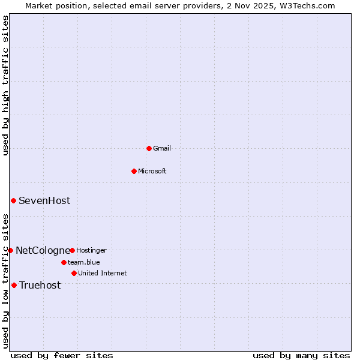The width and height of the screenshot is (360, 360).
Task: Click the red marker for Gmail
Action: point(149,148)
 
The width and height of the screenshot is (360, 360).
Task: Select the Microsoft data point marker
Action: point(134,171)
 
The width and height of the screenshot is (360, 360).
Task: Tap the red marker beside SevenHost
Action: point(13,200)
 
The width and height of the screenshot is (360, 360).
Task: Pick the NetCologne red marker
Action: point(10,250)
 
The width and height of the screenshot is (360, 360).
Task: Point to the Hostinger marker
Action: point(72,250)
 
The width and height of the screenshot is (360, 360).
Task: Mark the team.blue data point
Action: point(64,262)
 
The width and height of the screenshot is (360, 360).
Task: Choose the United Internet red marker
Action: point(74,273)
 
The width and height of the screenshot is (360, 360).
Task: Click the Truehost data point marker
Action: point(14,285)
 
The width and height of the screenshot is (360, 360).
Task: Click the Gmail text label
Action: point(162,148)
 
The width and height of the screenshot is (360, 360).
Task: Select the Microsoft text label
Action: point(152,171)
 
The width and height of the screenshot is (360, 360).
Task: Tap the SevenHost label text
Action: point(44,200)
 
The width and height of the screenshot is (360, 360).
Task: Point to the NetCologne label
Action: point(43,250)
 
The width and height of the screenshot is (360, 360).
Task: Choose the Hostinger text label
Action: point(91,250)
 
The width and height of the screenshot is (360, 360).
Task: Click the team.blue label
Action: point(84,262)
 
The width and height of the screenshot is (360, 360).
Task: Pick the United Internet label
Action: point(102,273)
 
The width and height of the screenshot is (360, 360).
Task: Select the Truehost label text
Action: point(40,285)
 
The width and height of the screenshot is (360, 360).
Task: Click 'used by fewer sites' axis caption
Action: point(61,355)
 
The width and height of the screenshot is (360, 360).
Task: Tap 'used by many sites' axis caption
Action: point(301,355)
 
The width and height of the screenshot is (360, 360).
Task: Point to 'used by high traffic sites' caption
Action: point(5,85)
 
